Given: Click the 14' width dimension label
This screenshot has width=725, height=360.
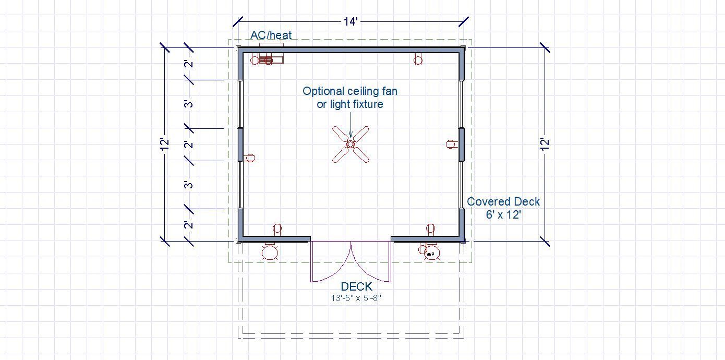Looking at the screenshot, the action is click(351, 21).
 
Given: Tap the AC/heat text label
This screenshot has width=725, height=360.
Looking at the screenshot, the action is click(271, 35).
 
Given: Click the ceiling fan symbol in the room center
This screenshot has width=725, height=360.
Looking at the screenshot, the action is click(351, 144).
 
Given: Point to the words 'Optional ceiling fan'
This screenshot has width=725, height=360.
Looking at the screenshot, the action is click(350, 91).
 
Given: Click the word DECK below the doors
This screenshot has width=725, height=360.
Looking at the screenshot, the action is click(357, 286).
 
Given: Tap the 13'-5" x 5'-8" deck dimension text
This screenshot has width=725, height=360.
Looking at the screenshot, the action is click(356, 298).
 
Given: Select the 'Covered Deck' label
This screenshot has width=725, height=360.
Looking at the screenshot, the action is click(503, 202).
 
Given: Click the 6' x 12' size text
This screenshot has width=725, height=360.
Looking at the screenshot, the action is click(503, 215).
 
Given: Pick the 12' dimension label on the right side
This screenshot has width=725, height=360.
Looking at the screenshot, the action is click(545, 144).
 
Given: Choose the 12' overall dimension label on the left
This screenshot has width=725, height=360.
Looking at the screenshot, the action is click(165, 144).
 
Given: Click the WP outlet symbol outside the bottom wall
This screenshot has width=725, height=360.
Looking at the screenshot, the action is click(431, 253).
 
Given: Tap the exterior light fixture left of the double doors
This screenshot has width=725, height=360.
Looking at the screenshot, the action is click(270, 252).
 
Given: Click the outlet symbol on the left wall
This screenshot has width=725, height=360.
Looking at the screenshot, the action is click(250, 158).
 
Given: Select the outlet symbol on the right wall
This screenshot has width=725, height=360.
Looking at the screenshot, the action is click(451, 144).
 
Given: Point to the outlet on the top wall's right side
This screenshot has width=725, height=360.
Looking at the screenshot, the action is click(418, 60).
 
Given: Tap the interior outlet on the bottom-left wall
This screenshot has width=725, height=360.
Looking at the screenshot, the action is click(277, 229).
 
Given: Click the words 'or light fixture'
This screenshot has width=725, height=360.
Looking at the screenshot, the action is click(350, 104).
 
